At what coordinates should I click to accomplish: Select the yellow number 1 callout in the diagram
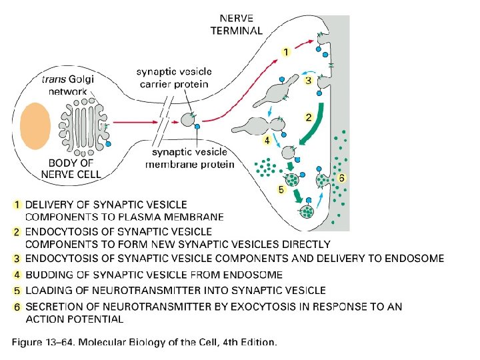[285, 51]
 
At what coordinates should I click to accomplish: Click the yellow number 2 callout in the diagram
[309, 117]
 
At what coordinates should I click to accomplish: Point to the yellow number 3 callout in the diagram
[308, 81]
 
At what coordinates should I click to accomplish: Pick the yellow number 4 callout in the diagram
[267, 141]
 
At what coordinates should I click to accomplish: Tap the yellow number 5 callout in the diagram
[281, 189]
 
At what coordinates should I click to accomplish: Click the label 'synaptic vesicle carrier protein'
[173, 78]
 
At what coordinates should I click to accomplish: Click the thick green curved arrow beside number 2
[316, 133]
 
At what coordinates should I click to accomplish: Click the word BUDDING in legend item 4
[48, 275]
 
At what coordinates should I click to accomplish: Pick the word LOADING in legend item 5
[48, 291]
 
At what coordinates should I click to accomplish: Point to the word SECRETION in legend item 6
[53, 307]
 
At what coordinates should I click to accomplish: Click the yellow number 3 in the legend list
[17, 259]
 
